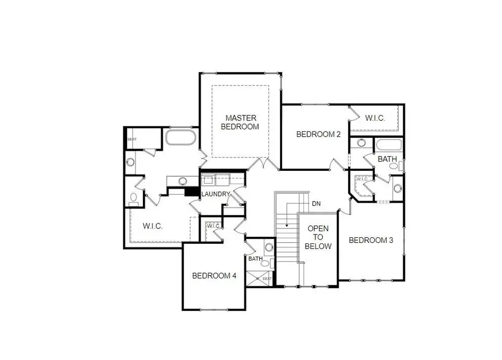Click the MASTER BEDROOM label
(x=240, y=122)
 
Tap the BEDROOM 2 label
(x=318, y=134)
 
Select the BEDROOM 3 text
(x=371, y=241)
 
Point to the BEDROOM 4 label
(x=214, y=276)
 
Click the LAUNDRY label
(x=215, y=194)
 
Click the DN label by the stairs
(x=316, y=204)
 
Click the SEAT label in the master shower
(x=132, y=140)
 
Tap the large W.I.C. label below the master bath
(x=152, y=226)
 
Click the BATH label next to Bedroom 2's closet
(x=387, y=160)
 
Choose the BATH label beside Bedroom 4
(x=255, y=259)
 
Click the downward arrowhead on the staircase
(x=287, y=225)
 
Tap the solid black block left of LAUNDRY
(x=192, y=191)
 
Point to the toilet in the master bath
(x=133, y=198)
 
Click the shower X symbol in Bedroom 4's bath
(x=259, y=279)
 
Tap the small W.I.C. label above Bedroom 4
(x=213, y=226)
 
